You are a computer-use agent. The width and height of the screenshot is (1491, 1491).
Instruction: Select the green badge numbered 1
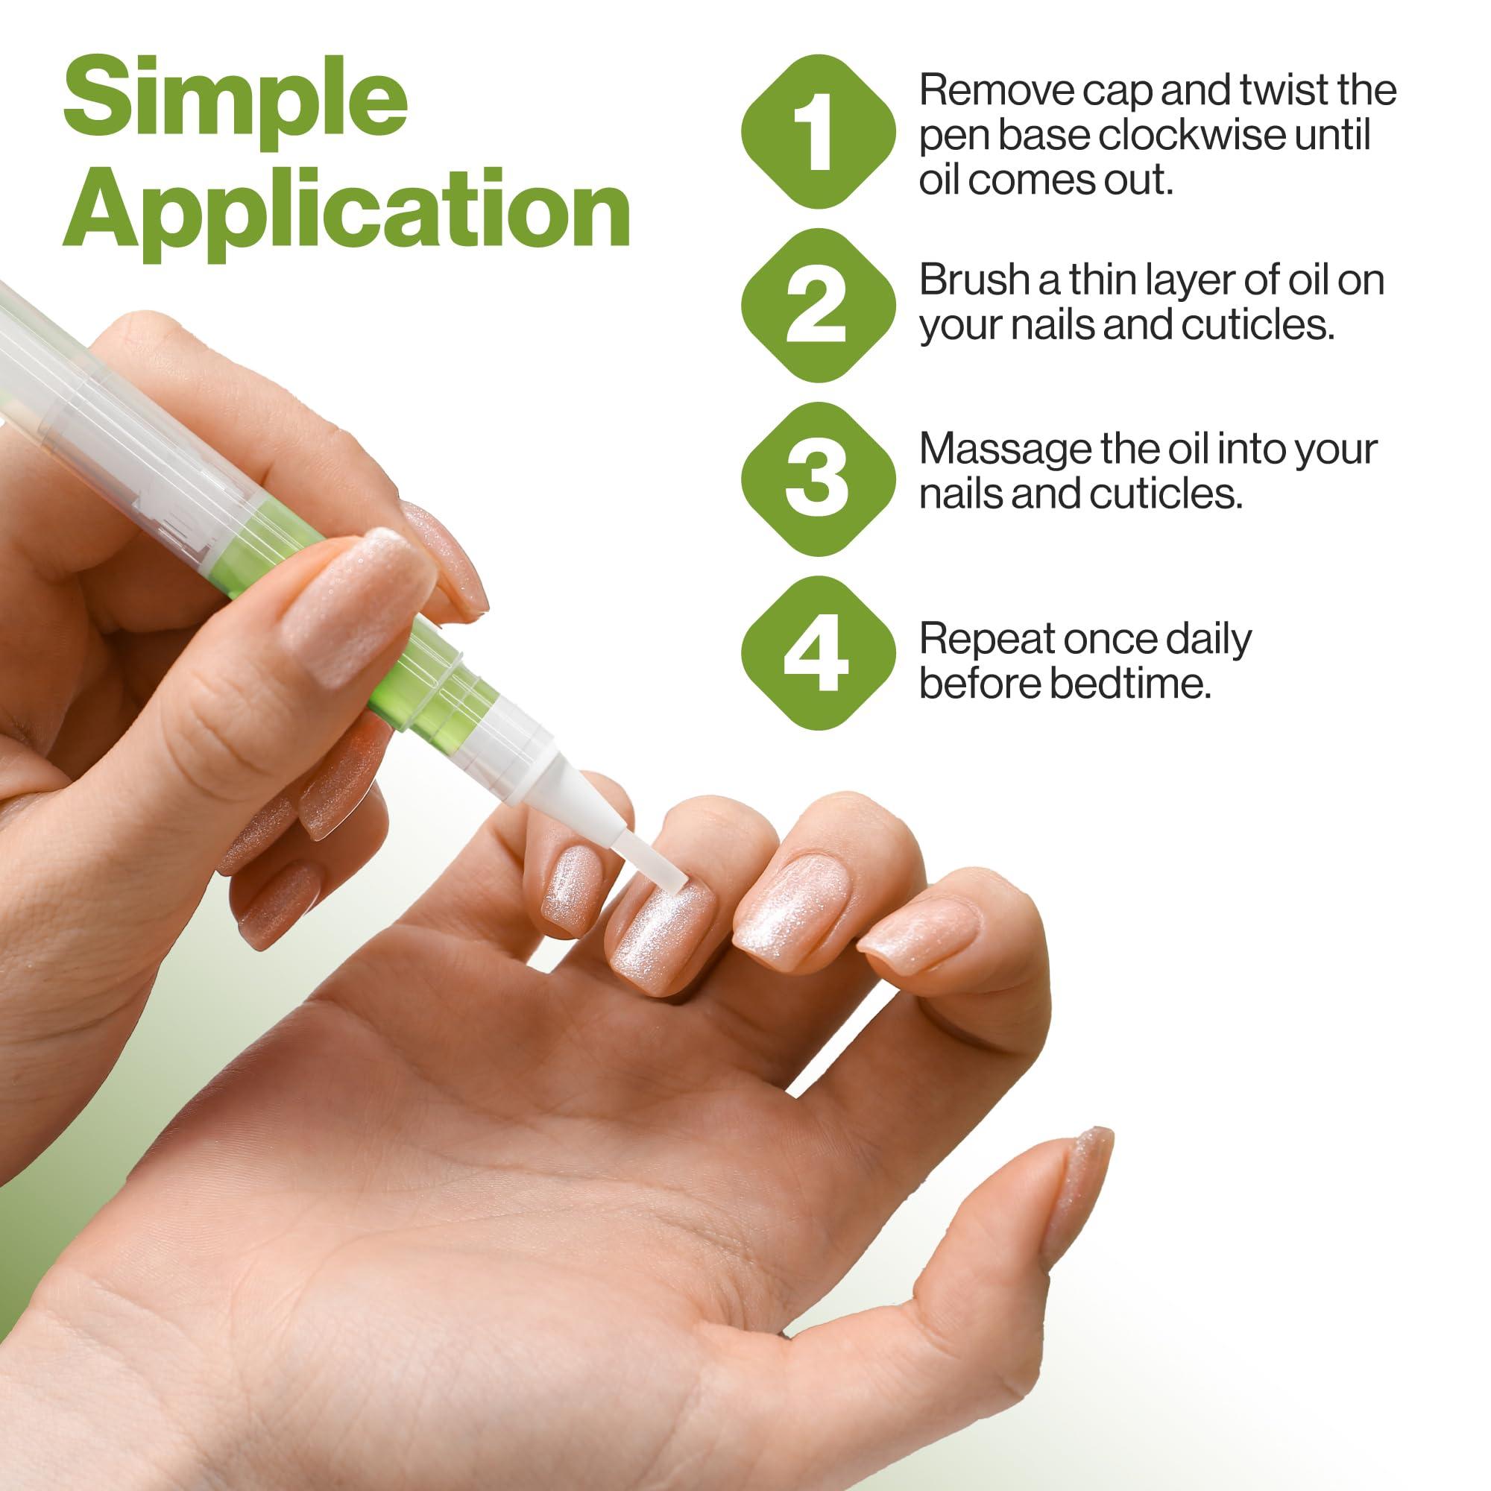817,131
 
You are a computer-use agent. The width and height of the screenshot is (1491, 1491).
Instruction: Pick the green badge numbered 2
817,305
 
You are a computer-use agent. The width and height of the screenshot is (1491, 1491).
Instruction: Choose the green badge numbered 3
817,479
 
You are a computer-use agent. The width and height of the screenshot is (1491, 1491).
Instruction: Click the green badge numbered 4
817,652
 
